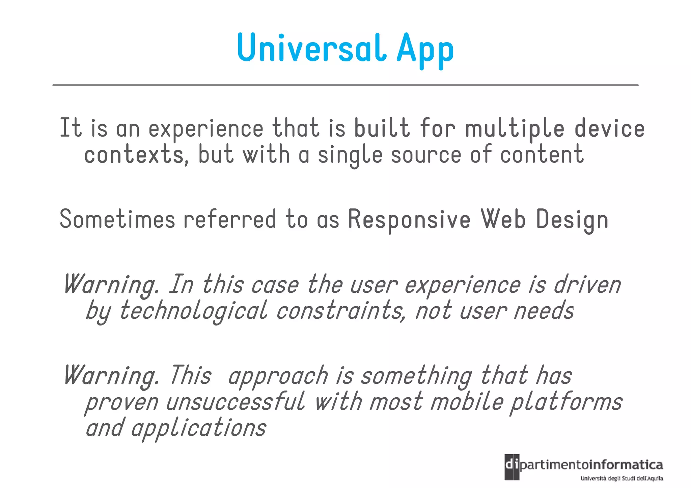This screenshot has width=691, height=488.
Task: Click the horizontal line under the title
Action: coord(345,85)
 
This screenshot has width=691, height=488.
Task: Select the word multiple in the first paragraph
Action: coord(515,129)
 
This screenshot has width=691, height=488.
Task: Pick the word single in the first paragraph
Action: coord(350,155)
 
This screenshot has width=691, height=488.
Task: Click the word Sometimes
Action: coord(117,219)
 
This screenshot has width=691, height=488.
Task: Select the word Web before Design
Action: coord(503,219)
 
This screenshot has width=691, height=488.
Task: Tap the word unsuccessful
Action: coord(235,402)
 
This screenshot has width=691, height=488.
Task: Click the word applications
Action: coord(199,428)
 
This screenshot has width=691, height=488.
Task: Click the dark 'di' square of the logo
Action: coord(512,467)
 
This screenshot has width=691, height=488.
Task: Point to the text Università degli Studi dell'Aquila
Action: coord(621,478)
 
